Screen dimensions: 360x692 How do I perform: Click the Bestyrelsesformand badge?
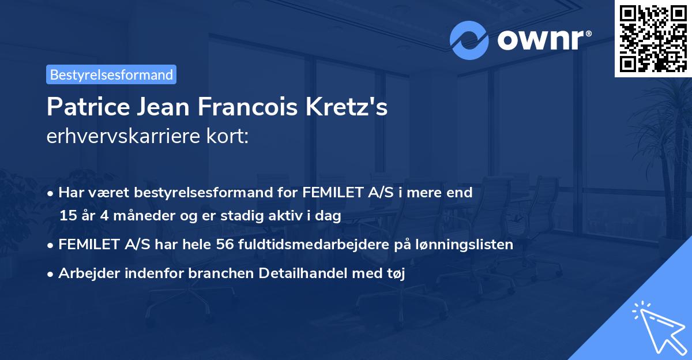pyautogui.click(x=111, y=74)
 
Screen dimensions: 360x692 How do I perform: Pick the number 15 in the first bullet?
pyautogui.click(x=67, y=216)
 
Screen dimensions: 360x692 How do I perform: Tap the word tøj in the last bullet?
pyautogui.click(x=396, y=274)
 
